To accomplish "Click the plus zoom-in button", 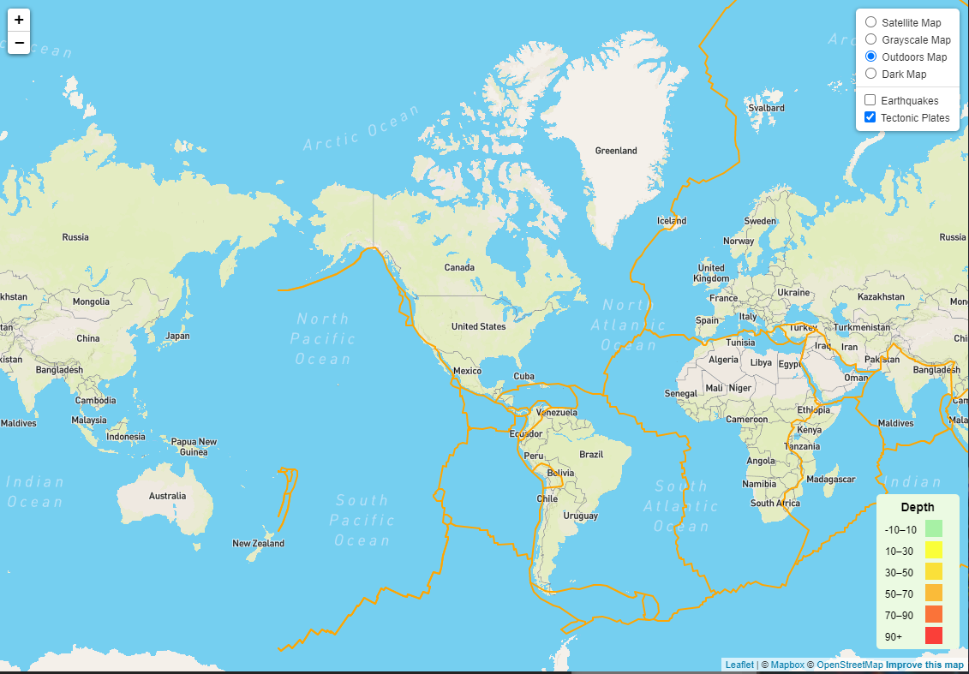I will (19, 20).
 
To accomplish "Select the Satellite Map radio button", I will (871, 22).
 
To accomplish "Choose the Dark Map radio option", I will (871, 74).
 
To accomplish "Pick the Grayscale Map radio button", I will (871, 39).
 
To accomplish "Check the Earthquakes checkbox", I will (870, 100).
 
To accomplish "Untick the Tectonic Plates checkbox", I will (870, 117).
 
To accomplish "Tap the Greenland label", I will (616, 151).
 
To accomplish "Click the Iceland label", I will (672, 220).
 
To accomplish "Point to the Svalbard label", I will (766, 108).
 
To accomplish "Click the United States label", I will (478, 326).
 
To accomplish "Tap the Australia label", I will (167, 496).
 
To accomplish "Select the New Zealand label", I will (258, 543).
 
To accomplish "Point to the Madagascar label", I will (831, 479).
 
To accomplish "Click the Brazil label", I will (591, 455).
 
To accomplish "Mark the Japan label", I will (177, 336).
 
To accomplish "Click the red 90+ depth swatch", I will (933, 635).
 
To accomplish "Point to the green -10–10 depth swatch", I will (933, 528).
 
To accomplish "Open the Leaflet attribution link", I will (739, 665).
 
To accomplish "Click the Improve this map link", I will (924, 665).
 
